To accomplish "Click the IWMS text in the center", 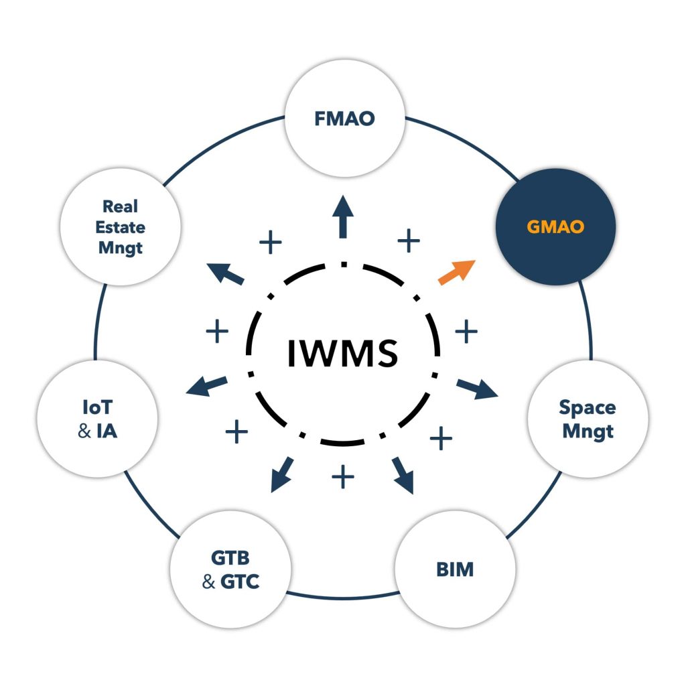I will tap(343, 353).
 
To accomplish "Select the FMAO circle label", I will tap(344, 119).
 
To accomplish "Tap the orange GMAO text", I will tap(555, 226).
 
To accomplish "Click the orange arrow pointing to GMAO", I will tap(457, 271).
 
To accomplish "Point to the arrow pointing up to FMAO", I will tap(344, 216).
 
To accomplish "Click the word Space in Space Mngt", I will tap(588, 407).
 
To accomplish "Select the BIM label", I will tap(455, 569).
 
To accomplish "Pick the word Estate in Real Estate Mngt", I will tap(121, 227).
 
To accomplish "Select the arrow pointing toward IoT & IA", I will tap(206, 386).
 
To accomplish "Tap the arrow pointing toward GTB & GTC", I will tap(282, 474).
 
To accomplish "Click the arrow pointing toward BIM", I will tap(403, 475).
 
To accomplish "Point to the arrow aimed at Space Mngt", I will tap(478, 389).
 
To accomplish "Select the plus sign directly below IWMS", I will tap(343, 478).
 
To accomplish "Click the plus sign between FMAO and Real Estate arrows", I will tap(270, 243).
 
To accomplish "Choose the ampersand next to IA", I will tap(84, 431).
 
